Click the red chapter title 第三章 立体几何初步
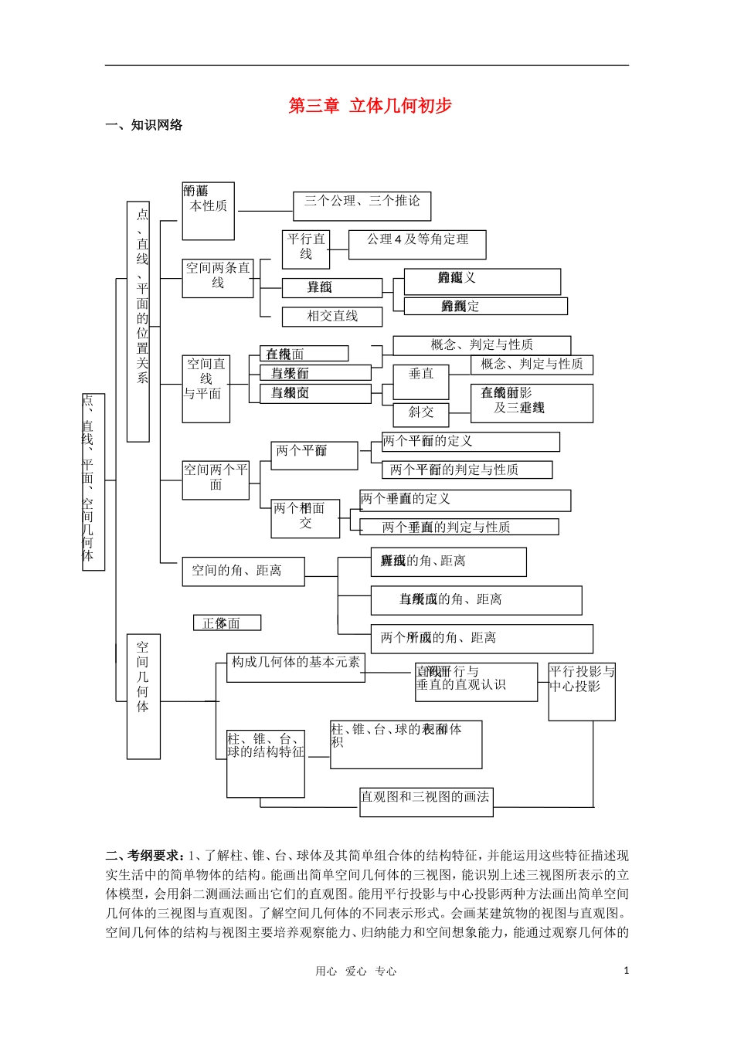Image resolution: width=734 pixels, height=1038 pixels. tap(369, 106)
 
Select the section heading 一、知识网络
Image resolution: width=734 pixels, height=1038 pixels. tap(144, 125)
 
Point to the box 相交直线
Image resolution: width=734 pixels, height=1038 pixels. tap(332, 317)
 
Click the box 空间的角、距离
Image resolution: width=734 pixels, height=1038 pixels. tap(243, 572)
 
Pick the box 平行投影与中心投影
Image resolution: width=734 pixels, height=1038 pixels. tap(582, 690)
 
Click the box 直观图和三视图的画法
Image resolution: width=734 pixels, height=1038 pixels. tap(426, 801)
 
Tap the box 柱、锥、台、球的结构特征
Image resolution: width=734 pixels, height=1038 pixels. tap(266, 763)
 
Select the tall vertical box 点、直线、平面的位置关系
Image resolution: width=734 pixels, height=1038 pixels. tap(138, 321)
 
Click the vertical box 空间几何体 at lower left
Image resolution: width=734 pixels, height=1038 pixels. tap(143, 695)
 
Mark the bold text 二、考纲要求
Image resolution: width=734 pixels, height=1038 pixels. tap(145, 856)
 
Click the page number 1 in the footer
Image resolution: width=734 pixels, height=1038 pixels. tap(626, 971)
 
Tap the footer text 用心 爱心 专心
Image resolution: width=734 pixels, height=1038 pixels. tap(355, 972)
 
